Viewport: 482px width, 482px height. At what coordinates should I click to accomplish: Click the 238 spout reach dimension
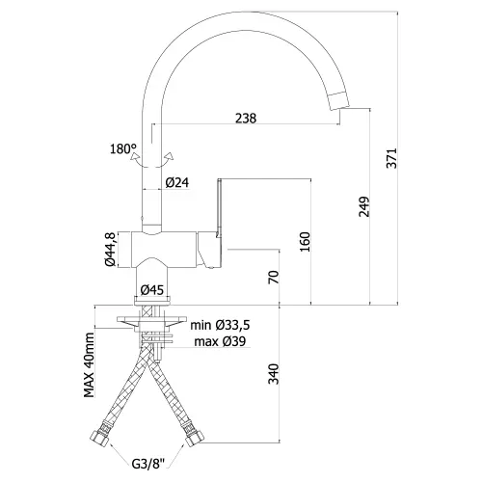pos(246,119)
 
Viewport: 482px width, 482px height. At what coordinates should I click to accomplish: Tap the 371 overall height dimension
pos(391,158)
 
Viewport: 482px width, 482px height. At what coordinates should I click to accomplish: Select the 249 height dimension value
pos(364,206)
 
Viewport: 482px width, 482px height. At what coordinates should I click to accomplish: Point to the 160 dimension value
pos(305,242)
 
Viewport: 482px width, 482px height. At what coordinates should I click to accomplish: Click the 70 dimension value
pos(273,277)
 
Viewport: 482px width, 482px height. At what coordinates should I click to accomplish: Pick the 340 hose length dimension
pos(273,374)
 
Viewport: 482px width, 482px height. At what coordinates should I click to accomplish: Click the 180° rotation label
pos(123,148)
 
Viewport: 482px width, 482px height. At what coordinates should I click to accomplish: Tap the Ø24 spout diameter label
pos(177,183)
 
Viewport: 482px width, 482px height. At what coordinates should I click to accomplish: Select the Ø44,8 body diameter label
pos(110,249)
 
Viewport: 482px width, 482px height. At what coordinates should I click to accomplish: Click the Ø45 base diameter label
pos(152,290)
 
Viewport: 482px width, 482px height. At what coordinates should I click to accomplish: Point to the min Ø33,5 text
pos(220,325)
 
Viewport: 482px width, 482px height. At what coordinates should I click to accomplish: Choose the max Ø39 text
pos(220,341)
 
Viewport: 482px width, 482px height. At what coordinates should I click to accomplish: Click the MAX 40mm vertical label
pos(90,365)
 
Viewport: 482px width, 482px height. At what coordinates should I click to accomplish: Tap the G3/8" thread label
pos(148,464)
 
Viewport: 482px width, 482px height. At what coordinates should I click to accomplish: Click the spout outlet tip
pos(340,99)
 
